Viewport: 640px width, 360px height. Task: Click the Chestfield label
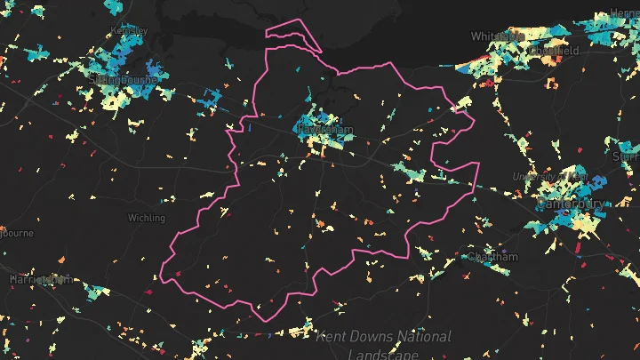554,52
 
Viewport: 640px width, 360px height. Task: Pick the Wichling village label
146,218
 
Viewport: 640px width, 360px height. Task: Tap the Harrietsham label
40,279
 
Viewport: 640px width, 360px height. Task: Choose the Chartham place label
492,257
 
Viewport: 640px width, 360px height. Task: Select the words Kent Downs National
383,337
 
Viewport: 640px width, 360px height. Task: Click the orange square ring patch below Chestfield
550,84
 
